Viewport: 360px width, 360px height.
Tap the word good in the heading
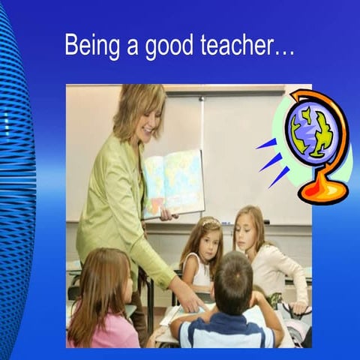[167, 46]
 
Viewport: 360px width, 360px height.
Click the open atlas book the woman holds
[173, 182]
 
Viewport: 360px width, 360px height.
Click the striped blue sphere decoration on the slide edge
[15, 187]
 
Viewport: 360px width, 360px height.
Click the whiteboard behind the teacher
[247, 150]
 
